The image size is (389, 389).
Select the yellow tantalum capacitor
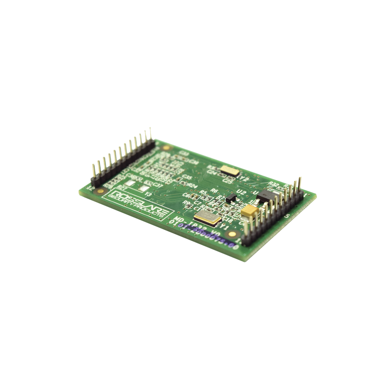[249, 211]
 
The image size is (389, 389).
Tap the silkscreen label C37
[155, 184]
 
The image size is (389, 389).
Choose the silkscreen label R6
[214, 190]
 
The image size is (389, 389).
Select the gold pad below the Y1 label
[233, 234]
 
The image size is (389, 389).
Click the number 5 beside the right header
[287, 216]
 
